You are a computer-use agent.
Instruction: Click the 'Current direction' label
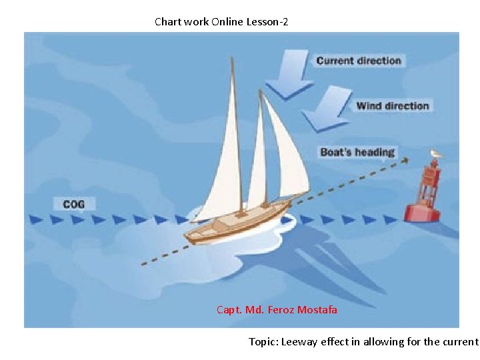click(359, 61)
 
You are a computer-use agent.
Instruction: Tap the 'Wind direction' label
click(392, 105)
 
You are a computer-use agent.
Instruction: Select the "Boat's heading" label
click(357, 152)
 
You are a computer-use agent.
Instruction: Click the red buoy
click(426, 196)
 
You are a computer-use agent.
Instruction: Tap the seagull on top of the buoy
click(436, 155)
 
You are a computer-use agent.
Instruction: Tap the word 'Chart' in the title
click(167, 22)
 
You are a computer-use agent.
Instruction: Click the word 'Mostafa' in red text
click(317, 309)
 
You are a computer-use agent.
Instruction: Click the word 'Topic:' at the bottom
click(263, 342)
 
